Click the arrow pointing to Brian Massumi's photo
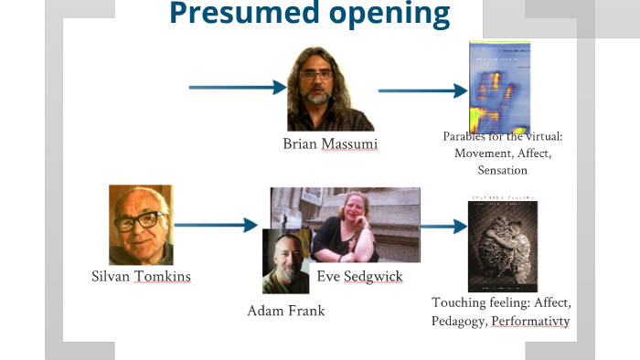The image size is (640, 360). coord(237,88)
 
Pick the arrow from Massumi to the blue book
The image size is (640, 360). coord(421,90)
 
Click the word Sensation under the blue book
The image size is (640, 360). coord(502,170)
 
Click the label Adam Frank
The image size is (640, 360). coord(285,311)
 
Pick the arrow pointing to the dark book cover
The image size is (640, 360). coord(443,226)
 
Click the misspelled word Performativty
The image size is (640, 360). coord(529,322)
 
